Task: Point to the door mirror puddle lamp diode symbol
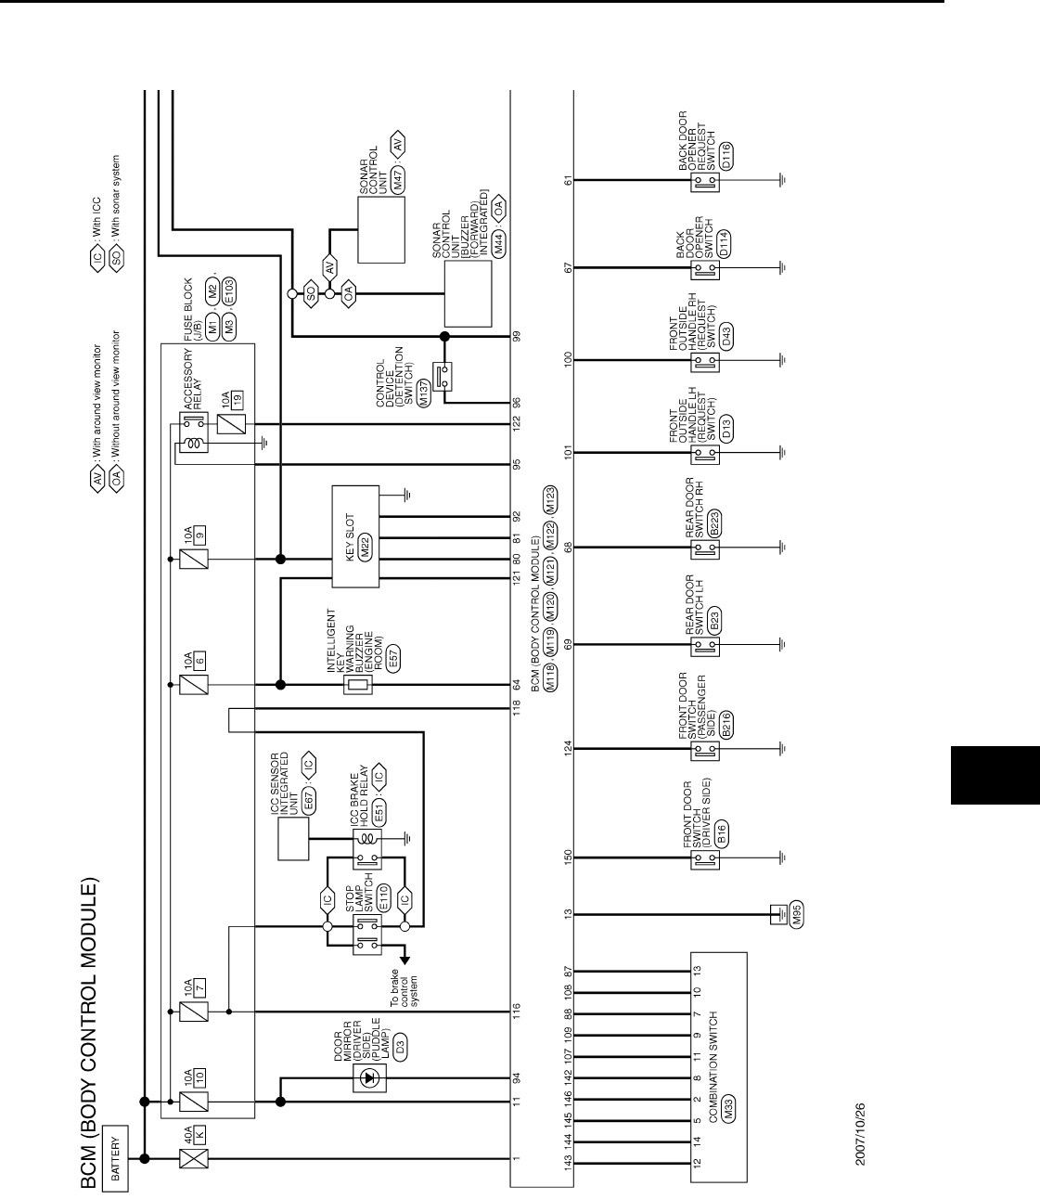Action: click(x=372, y=1078)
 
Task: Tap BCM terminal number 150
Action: click(x=568, y=857)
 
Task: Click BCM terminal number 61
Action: click(x=568, y=179)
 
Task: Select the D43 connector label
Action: click(x=726, y=337)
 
